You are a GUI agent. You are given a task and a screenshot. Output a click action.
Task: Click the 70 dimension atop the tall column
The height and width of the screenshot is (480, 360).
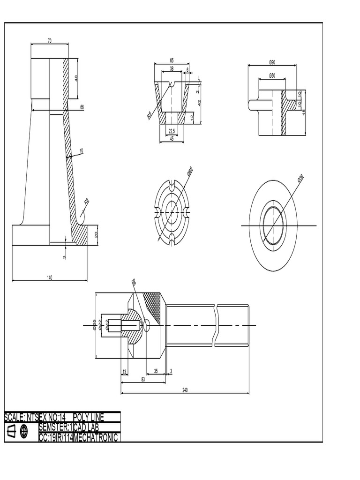(x=50, y=41)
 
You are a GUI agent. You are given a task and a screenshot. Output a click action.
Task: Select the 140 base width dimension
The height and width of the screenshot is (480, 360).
(x=50, y=277)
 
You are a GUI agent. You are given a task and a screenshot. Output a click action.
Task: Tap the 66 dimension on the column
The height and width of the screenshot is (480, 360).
(x=82, y=107)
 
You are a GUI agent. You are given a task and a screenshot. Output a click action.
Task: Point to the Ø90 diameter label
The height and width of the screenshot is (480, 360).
(x=272, y=62)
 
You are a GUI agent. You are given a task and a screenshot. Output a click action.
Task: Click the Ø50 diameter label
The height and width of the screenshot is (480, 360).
(x=272, y=75)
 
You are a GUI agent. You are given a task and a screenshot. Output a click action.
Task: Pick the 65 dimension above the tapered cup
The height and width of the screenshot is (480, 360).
(x=172, y=60)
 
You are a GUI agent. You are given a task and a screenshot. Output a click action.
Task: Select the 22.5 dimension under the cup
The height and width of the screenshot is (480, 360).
(x=172, y=131)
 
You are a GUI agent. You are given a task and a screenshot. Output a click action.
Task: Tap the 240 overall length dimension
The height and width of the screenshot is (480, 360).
(x=185, y=390)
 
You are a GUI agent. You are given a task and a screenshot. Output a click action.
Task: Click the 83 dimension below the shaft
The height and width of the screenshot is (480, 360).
(x=143, y=380)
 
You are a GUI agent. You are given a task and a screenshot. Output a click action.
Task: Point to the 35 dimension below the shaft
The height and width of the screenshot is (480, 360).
(x=156, y=371)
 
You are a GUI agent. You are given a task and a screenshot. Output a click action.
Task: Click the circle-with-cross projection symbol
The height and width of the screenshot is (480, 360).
(x=24, y=431)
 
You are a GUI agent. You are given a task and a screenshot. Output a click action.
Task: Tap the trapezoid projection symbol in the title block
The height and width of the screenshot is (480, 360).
(x=11, y=431)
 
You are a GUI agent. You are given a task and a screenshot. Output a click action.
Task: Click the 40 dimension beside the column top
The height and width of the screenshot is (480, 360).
(x=76, y=78)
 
